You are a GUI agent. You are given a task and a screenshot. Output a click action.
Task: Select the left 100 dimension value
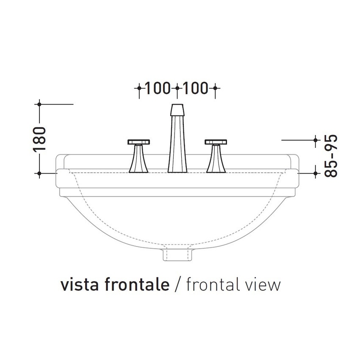tap(158, 88)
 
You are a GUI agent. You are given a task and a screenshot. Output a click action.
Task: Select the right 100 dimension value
tap(196, 88)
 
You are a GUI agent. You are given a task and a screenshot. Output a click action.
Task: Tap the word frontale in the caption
tap(135, 285)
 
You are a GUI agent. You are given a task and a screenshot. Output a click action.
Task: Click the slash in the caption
tap(178, 285)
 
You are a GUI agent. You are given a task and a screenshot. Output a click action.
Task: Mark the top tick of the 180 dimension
tap(39, 103)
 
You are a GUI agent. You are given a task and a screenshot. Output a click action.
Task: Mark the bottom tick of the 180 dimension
tap(39, 173)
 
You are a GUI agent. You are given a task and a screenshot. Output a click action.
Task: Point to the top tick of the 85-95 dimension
tap(316, 139)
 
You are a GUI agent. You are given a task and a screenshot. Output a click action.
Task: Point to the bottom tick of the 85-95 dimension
tap(316, 173)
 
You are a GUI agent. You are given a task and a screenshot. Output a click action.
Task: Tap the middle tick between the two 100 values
tap(177, 88)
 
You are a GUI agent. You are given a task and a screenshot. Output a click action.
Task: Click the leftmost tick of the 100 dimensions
tap(138, 88)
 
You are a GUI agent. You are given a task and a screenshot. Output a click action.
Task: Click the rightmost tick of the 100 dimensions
tap(215, 88)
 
